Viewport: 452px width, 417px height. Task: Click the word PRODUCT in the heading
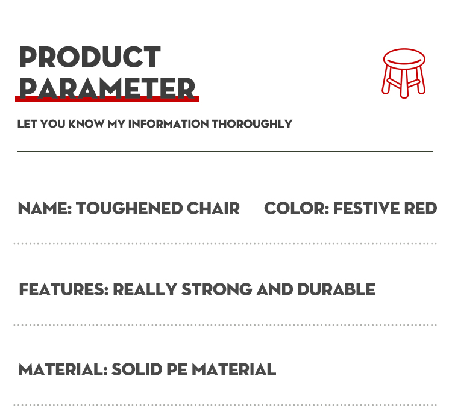(x=90, y=57)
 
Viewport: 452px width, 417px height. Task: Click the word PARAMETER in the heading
(x=107, y=87)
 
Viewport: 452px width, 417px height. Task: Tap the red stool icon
(x=404, y=73)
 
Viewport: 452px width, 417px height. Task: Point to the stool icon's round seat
(x=404, y=59)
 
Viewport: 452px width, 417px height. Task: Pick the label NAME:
(x=45, y=209)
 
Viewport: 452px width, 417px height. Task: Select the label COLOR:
(x=297, y=209)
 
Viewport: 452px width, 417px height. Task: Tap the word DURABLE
(x=336, y=289)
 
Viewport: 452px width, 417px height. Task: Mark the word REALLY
(x=145, y=289)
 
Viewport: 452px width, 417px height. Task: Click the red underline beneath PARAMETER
(x=107, y=99)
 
